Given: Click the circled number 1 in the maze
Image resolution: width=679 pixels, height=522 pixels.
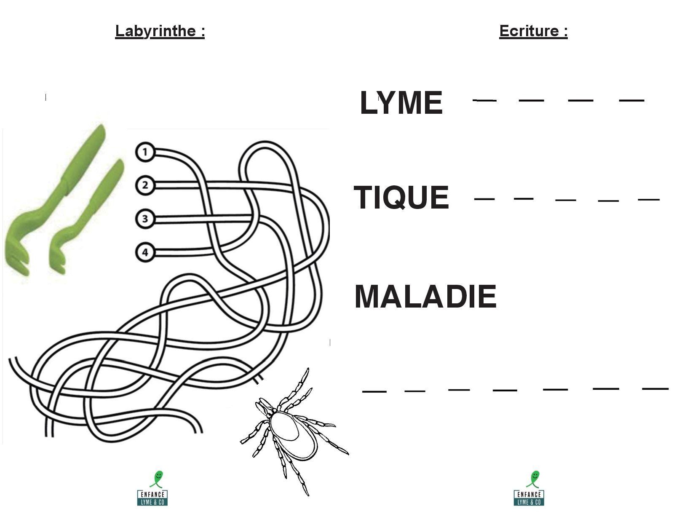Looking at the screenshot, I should click(x=145, y=152).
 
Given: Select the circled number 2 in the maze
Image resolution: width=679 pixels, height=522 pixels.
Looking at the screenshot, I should click(x=145, y=185).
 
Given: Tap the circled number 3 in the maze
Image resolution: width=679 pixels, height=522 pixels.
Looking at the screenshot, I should click(x=145, y=219).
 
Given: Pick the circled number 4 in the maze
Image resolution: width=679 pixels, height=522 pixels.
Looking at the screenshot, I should click(x=145, y=252).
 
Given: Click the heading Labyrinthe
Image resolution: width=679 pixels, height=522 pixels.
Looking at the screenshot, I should click(x=160, y=31).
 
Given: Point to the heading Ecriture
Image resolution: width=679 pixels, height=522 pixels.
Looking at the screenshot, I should click(x=533, y=31).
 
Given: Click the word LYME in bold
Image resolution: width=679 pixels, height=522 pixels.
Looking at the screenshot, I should click(x=401, y=103).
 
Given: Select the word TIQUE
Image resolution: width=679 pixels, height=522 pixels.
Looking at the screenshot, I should click(x=401, y=197).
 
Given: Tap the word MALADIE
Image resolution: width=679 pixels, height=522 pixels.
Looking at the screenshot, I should click(x=425, y=297).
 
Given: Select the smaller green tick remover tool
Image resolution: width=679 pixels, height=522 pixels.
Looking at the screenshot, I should click(x=86, y=215).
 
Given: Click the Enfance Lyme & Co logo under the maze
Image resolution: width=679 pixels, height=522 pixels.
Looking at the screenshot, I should click(x=152, y=489).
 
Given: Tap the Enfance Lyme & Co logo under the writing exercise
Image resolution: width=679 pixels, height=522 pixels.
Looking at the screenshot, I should click(x=529, y=489).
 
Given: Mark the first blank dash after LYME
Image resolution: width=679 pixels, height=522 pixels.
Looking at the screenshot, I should click(x=485, y=100).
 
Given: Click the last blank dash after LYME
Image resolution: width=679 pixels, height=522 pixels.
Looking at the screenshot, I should click(x=631, y=100).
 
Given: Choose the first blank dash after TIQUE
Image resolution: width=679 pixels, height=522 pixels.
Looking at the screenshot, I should click(x=484, y=199).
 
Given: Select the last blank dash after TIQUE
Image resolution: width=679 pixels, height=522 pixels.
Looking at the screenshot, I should click(x=649, y=199).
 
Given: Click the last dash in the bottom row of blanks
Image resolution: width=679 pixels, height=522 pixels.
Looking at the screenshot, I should click(x=655, y=388).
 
